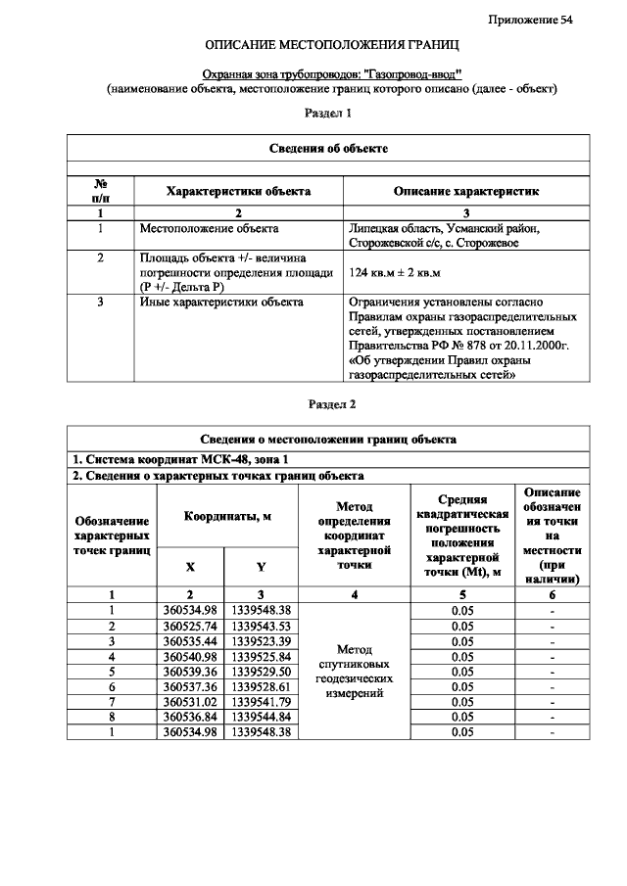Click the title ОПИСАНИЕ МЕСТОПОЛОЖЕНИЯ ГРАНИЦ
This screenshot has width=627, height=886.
tap(331, 46)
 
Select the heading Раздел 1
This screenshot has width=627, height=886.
tap(329, 114)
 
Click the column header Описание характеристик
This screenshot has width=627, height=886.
tap(465, 191)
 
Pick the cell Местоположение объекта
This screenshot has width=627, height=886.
tap(210, 229)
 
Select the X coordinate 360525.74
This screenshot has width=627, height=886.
tap(190, 626)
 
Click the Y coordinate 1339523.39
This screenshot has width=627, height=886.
tap(261, 640)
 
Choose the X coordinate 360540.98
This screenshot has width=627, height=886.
tap(190, 656)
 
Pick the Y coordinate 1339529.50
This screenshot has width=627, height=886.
tap(261, 671)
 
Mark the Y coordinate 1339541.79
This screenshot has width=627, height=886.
tap(261, 701)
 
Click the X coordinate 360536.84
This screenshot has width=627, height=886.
tap(190, 717)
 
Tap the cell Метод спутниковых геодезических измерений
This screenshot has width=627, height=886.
tap(352, 671)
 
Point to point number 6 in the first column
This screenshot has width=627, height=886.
tap(112, 686)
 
